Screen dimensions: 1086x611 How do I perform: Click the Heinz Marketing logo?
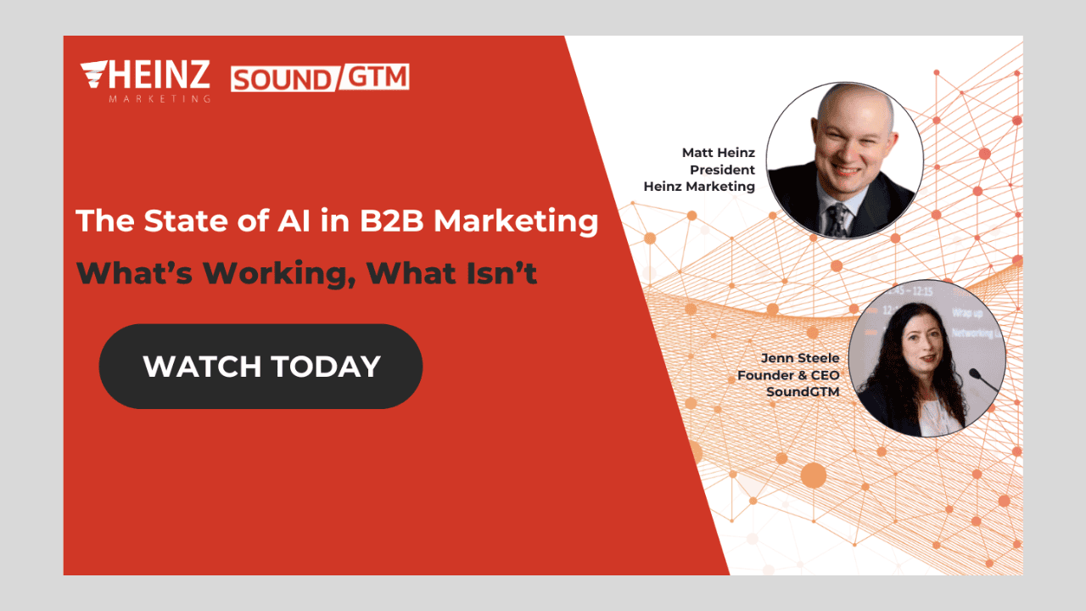145,81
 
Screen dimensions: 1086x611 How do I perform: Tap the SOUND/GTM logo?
320,77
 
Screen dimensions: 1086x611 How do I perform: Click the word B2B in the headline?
392,221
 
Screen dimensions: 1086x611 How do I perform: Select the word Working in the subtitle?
277,274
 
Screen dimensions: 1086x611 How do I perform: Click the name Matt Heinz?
719,153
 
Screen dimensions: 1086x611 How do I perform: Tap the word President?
722,170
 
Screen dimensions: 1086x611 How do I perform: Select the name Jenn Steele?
800,358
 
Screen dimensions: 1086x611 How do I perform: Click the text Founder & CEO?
788,375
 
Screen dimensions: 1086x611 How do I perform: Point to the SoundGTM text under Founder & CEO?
803,392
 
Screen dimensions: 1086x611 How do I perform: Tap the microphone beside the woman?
983,380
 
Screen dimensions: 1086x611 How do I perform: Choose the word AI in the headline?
294,221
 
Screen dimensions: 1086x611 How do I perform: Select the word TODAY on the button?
326,367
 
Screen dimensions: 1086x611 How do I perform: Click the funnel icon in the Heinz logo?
94,74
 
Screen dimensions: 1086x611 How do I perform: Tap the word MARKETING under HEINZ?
160,99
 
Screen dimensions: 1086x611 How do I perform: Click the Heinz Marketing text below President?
699,187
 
